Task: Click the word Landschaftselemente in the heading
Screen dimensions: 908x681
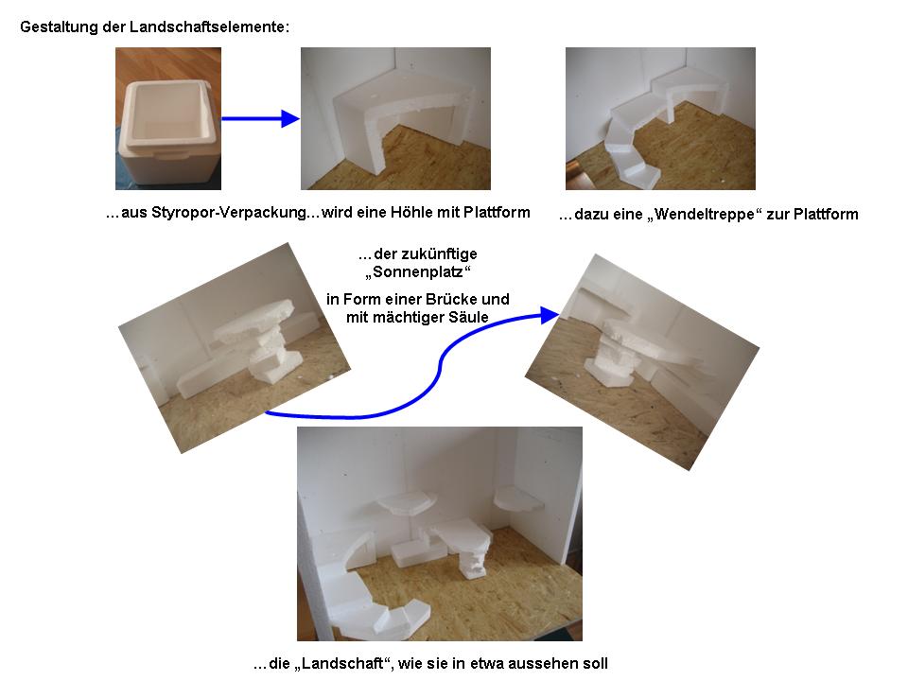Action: (x=208, y=27)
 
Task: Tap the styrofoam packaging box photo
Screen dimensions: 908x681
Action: (x=168, y=119)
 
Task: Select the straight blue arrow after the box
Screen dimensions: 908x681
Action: (x=261, y=119)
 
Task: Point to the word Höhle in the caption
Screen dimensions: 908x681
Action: (x=411, y=213)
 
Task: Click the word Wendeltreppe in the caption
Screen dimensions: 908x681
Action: (x=705, y=215)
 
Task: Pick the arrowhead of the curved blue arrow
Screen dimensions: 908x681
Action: (x=550, y=315)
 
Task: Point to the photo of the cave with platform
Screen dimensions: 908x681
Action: (x=395, y=119)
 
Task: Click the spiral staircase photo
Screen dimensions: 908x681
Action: (x=661, y=119)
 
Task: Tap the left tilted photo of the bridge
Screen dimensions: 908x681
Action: (x=235, y=347)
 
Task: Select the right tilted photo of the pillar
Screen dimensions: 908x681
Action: (x=642, y=362)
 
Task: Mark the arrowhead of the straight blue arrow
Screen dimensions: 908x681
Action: (x=290, y=119)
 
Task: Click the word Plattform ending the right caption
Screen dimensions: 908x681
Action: (x=826, y=215)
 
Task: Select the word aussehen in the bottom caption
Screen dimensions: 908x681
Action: (x=535, y=663)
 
